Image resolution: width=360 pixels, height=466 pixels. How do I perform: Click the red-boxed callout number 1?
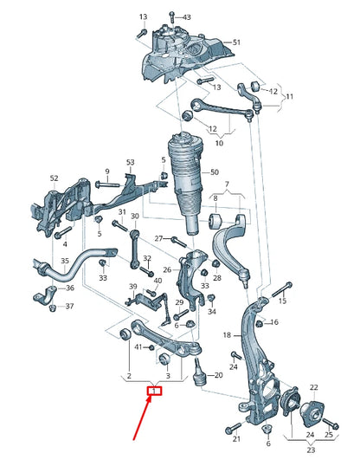154,392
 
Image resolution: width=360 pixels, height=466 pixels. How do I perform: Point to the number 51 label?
237,42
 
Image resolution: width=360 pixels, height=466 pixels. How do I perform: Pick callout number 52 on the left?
55,178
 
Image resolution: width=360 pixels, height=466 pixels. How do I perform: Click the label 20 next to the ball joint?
218,375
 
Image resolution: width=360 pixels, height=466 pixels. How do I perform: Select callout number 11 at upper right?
290,98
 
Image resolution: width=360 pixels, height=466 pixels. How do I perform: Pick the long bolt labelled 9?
108,184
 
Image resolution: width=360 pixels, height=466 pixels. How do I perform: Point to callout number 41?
137,347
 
